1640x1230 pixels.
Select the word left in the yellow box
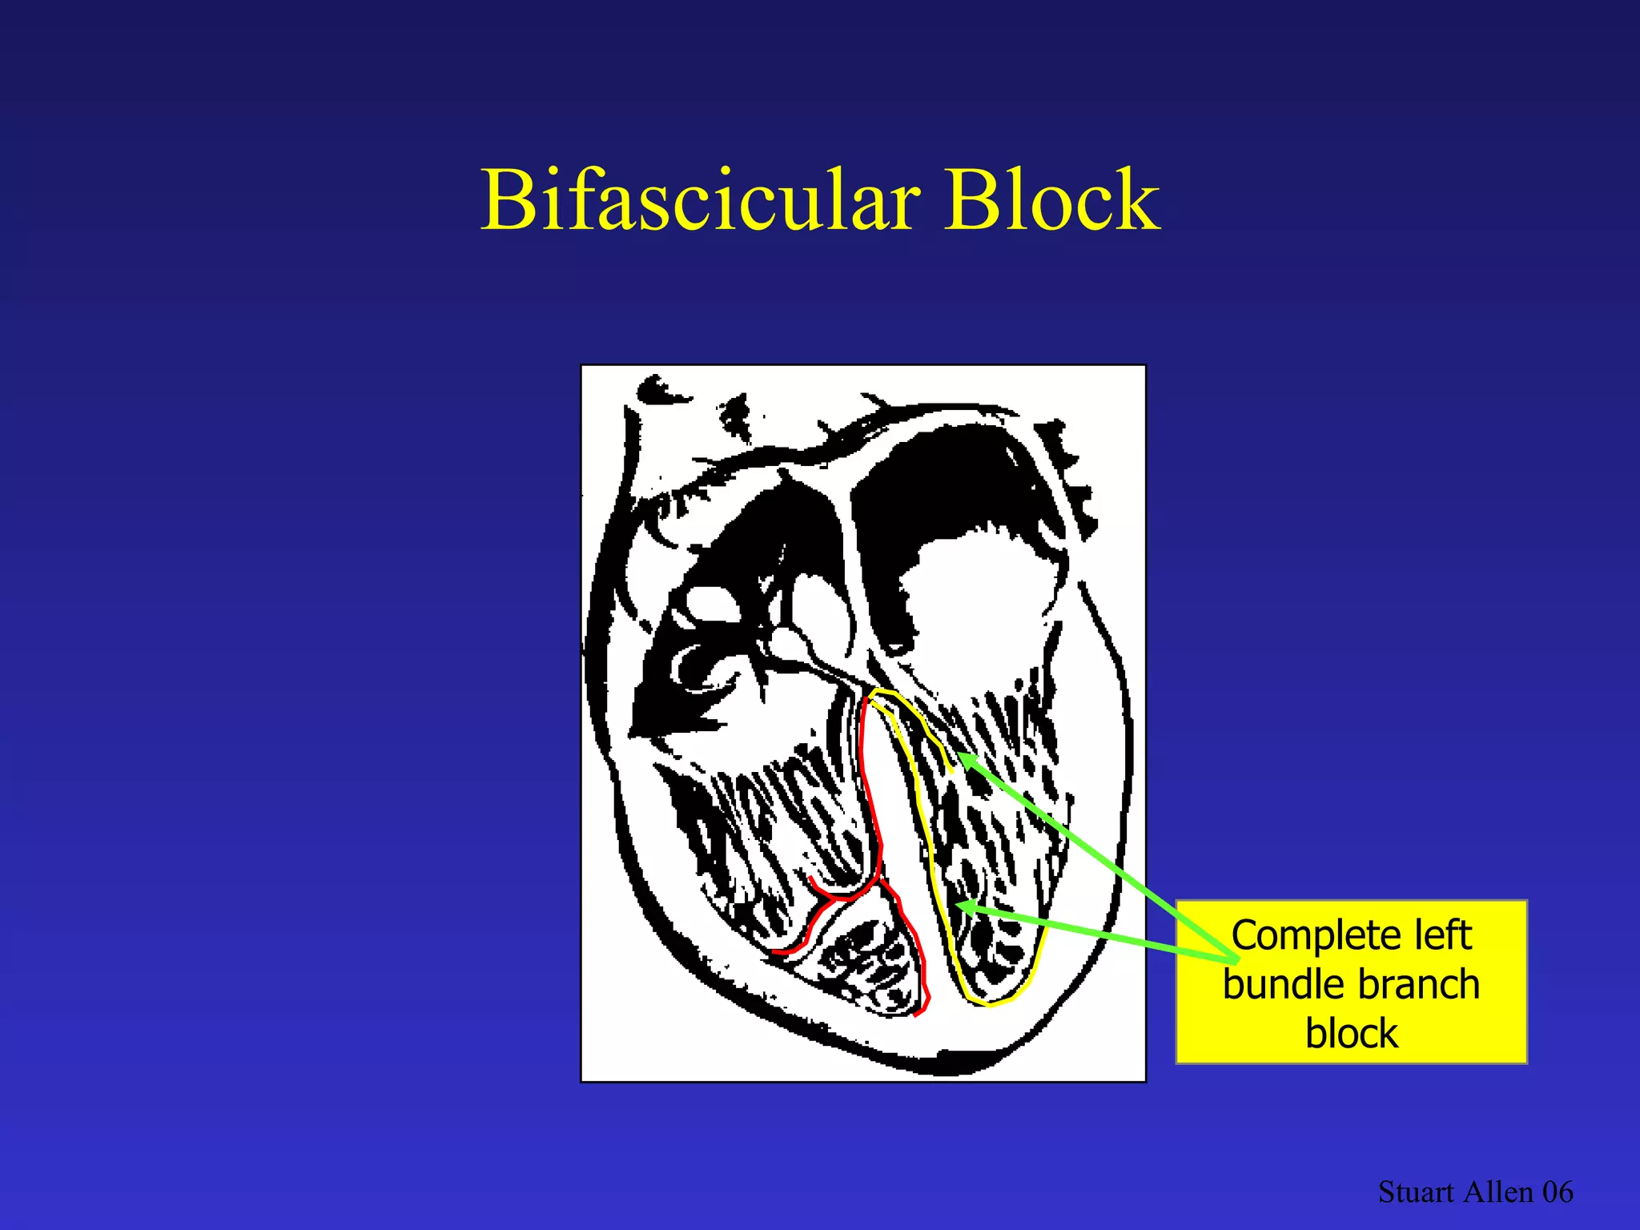pyautogui.click(x=1442, y=935)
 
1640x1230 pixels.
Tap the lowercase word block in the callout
pyautogui.click(x=1351, y=1034)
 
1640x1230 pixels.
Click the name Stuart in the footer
pyautogui.click(x=1415, y=1192)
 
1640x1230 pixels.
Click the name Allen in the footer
pyautogui.click(x=1497, y=1192)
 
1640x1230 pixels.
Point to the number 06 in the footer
pyautogui.click(x=1558, y=1192)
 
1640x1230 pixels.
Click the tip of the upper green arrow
pyautogui.click(x=959, y=754)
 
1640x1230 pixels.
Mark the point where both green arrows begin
pyautogui.click(x=1234, y=959)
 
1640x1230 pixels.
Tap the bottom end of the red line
pyautogui.click(x=915, y=1015)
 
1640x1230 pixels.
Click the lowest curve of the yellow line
pyautogui.click(x=990, y=1003)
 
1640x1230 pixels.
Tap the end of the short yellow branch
pyautogui.click(x=952, y=771)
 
